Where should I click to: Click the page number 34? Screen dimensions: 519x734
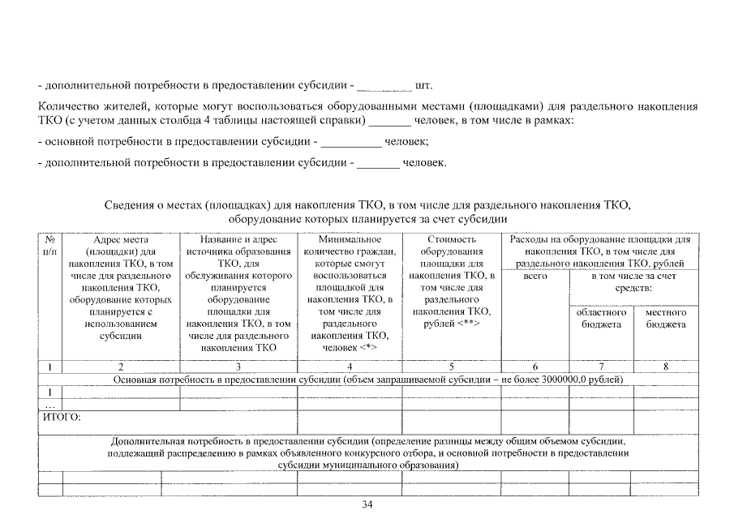(367, 505)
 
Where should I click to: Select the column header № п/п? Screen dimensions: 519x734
(49, 246)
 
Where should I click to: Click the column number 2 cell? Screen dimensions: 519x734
(120, 367)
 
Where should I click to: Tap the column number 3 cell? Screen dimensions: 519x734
(238, 367)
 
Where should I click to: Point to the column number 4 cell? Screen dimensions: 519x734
(350, 367)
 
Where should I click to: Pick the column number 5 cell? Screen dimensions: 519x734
(452, 367)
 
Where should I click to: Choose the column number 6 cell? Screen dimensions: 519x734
(534, 367)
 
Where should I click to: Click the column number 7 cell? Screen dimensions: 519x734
(601, 367)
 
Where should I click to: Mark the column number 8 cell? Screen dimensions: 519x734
(665, 367)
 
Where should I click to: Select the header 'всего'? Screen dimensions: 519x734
(535, 277)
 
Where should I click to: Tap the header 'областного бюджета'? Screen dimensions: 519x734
(601, 318)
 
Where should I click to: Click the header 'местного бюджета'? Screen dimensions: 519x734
(665, 318)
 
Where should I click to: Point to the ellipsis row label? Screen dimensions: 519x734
(49, 404)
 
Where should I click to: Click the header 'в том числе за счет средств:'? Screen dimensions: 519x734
(633, 282)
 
